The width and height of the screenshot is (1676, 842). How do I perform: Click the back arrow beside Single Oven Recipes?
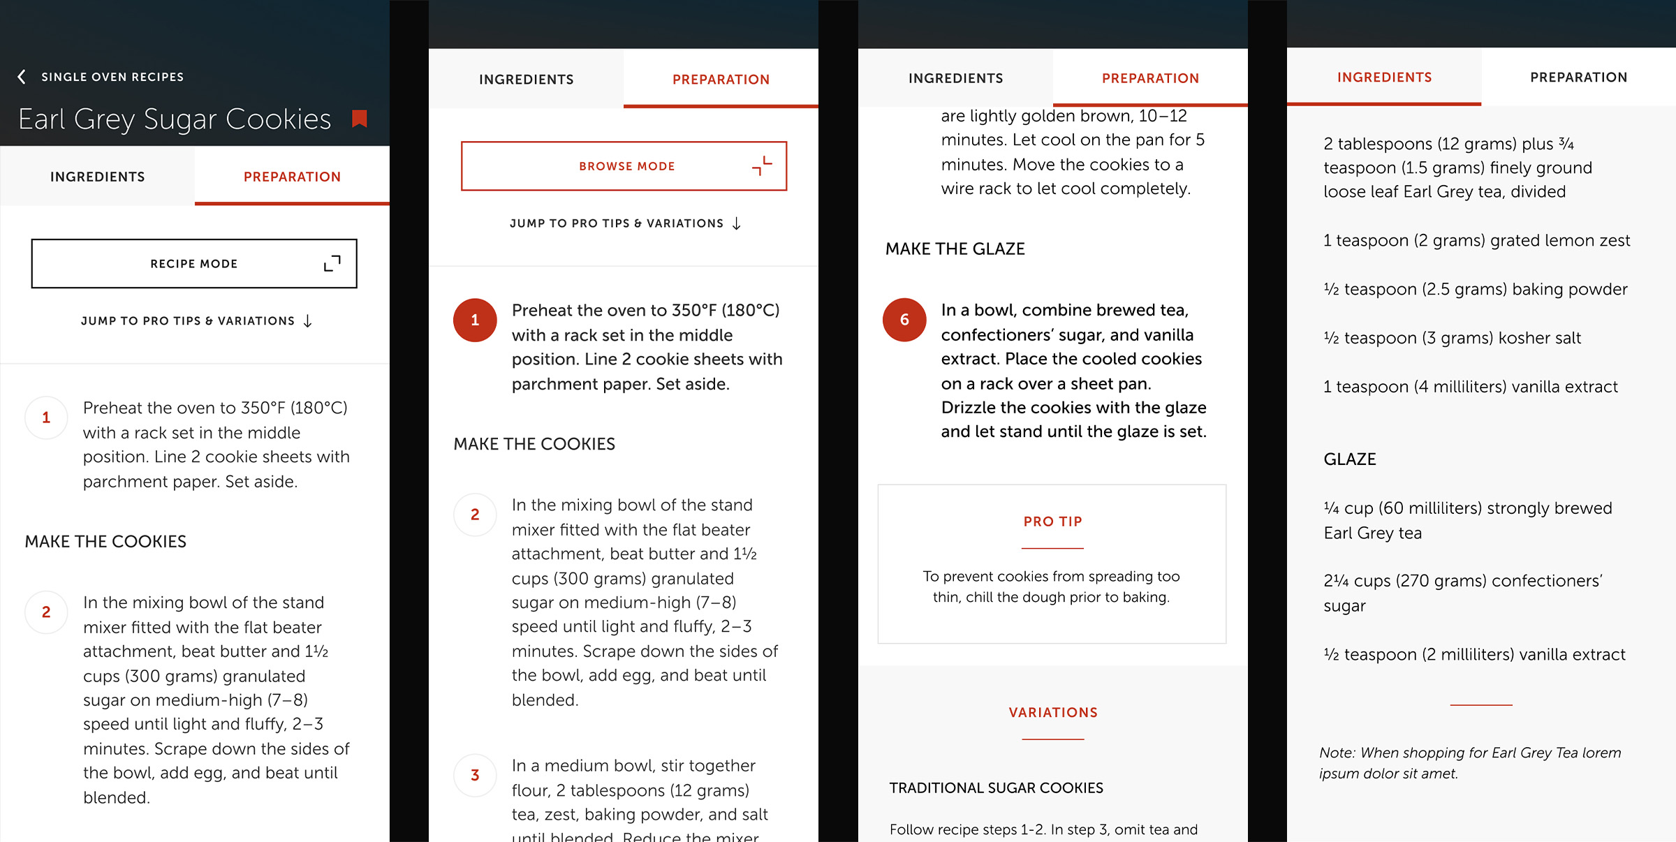22,77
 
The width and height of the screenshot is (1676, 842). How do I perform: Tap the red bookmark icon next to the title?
360,119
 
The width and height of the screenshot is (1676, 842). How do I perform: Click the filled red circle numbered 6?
904,320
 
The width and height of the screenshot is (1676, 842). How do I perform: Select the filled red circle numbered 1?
475,320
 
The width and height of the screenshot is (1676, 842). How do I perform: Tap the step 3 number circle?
475,775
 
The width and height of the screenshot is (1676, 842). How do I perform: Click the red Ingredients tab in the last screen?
1384,77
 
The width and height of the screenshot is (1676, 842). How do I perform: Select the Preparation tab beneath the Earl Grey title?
292,177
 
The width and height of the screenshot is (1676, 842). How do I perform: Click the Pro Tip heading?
1052,522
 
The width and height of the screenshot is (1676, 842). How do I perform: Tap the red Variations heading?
1052,713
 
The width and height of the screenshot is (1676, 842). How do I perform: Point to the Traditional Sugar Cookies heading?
996,788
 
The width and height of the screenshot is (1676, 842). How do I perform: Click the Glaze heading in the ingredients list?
1349,459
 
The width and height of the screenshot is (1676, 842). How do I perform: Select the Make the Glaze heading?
955,249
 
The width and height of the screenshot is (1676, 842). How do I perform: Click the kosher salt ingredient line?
1452,338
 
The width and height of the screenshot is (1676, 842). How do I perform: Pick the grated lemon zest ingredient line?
1476,241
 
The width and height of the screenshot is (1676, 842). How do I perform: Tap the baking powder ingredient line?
1475,289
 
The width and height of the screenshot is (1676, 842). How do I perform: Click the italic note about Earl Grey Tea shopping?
1469,762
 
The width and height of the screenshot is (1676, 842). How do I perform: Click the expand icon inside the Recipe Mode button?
332,263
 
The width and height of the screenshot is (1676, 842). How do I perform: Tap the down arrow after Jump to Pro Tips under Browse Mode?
737,223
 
